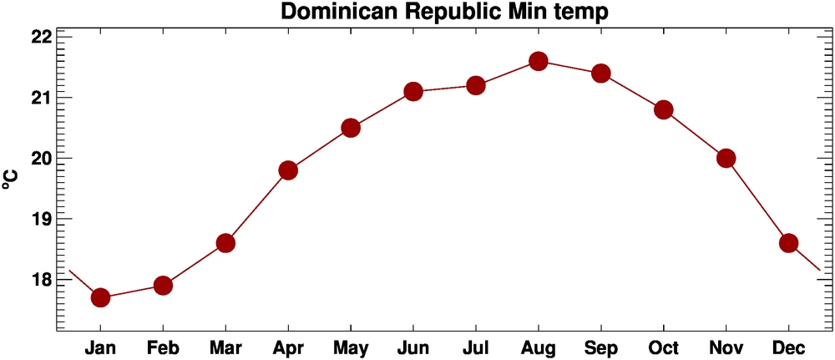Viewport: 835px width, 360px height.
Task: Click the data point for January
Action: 100,297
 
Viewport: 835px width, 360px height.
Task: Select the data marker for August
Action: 538,61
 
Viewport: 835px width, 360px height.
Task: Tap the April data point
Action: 288,170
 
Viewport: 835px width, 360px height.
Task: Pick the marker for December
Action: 788,243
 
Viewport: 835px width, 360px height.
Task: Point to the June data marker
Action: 413,91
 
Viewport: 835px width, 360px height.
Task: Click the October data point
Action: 664,109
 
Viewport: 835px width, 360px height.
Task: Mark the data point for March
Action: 225,243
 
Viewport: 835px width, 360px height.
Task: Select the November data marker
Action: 726,158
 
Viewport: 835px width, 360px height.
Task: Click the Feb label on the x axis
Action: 163,347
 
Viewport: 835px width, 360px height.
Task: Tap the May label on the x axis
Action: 351,347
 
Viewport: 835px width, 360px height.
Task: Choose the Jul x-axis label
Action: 476,347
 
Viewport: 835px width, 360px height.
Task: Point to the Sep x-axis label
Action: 601,347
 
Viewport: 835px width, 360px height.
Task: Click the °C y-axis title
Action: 11,180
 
